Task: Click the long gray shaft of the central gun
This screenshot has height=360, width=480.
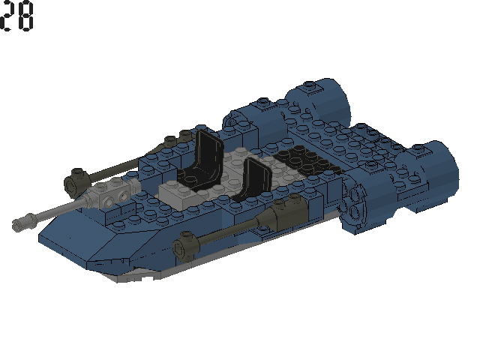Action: click(x=60, y=209)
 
